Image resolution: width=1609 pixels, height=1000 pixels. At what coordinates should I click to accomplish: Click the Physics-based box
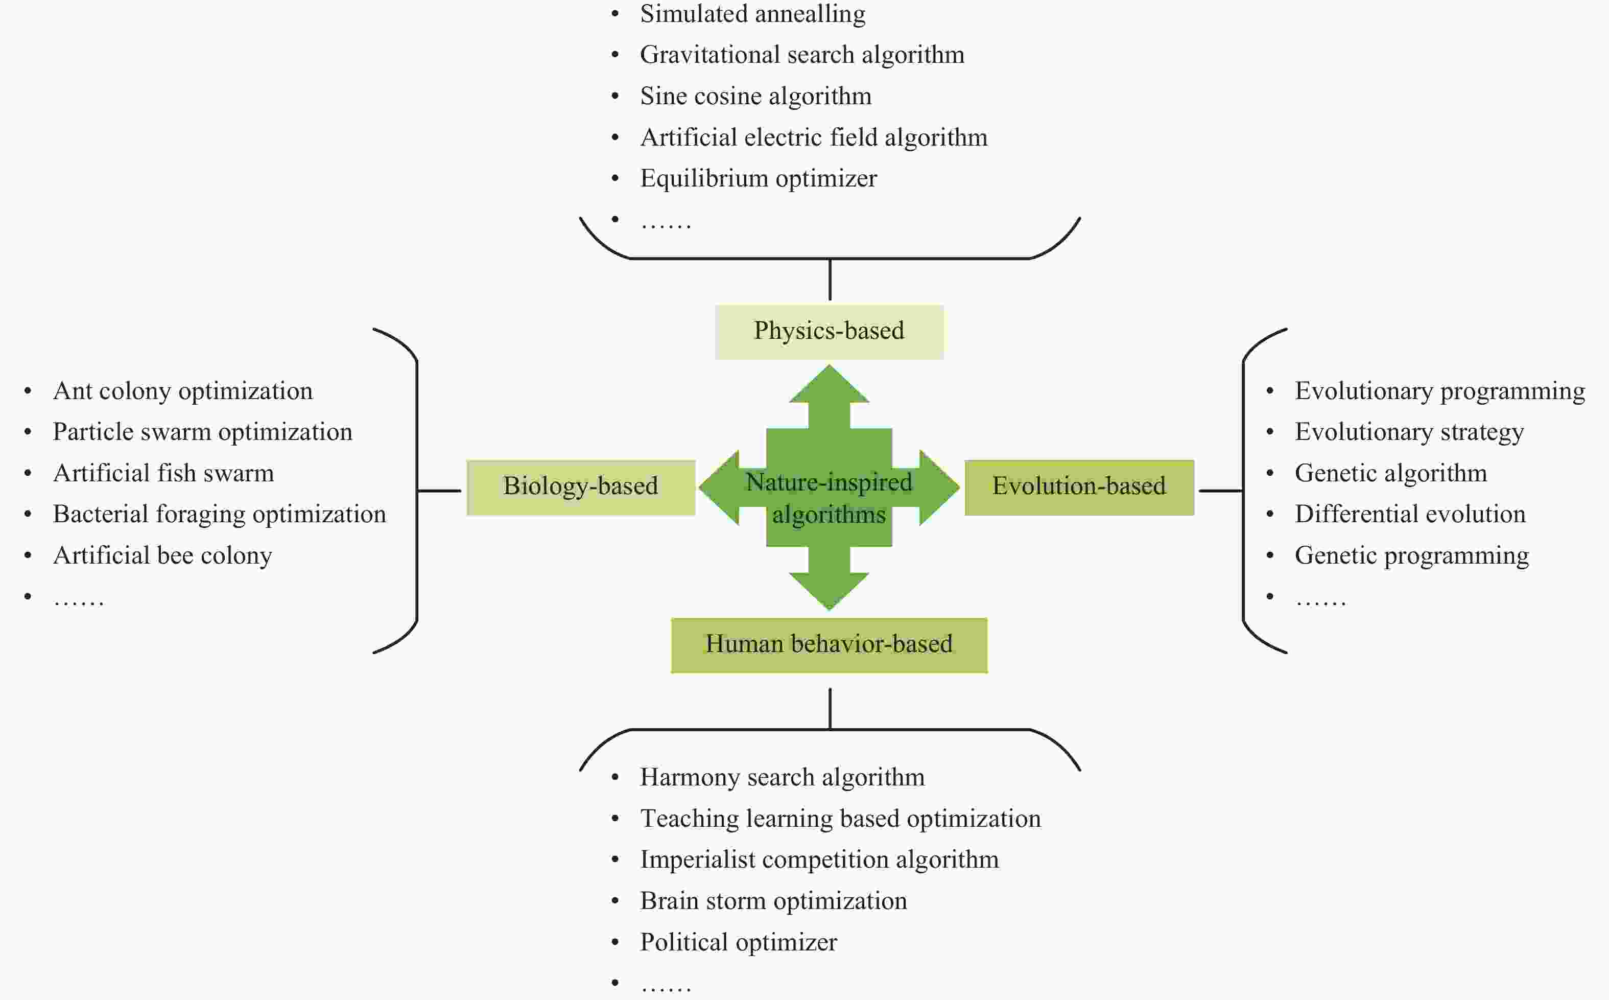(x=829, y=331)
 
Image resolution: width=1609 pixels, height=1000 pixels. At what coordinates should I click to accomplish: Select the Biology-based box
(x=580, y=487)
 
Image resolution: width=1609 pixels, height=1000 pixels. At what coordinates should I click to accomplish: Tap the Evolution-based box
(x=1079, y=487)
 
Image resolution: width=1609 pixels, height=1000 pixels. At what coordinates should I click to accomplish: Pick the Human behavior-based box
(x=829, y=645)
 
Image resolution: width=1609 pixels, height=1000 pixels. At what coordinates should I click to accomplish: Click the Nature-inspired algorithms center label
(x=829, y=497)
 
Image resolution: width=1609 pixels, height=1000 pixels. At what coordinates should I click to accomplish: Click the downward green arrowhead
(x=829, y=590)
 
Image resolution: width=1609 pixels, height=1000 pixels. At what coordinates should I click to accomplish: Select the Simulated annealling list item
(x=752, y=14)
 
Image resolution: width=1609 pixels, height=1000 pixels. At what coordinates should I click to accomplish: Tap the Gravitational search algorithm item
(x=802, y=55)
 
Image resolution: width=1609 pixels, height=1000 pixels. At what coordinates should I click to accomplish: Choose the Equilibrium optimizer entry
(x=758, y=178)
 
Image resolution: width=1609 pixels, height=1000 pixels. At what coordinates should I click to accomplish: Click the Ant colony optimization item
(x=182, y=391)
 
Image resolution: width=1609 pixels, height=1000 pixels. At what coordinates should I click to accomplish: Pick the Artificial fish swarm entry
(x=163, y=474)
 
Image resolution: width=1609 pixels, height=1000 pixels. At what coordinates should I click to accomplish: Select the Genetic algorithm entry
(x=1390, y=474)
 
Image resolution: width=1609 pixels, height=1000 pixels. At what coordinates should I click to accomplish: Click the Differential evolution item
(x=1409, y=515)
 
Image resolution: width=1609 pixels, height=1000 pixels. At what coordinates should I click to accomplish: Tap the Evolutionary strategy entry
(x=1409, y=432)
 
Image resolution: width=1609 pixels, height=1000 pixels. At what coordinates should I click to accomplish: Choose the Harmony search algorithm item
(x=782, y=777)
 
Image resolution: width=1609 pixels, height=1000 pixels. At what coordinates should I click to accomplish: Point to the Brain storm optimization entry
(x=773, y=901)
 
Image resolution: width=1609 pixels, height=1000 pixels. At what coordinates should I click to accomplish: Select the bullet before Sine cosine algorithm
(x=616, y=97)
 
